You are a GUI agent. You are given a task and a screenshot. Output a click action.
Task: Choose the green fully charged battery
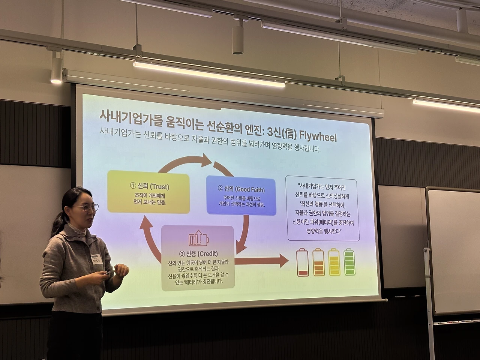[349, 262]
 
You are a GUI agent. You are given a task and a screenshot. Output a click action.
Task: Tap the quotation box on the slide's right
[323, 208]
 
